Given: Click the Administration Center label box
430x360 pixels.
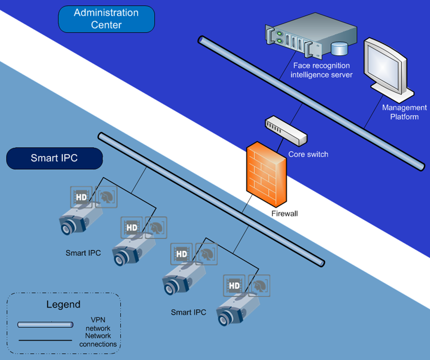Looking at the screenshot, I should click(106, 18).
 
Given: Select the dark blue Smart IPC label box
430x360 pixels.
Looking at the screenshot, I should click(55, 158).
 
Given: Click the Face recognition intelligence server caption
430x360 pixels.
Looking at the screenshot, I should click(321, 70).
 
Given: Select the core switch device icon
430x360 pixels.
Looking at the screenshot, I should click(286, 130).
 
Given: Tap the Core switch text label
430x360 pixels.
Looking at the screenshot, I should click(308, 154).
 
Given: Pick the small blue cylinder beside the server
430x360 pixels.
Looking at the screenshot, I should click(339, 48).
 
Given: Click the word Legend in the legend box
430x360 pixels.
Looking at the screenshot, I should click(63, 304).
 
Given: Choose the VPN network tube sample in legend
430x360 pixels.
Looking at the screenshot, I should click(45, 325).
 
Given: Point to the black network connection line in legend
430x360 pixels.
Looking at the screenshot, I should click(45, 340).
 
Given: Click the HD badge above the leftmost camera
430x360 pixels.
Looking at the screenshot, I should click(81, 197).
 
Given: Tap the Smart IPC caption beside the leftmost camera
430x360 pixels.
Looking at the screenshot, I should click(83, 253).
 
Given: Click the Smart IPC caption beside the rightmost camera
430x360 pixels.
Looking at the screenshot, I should click(188, 313).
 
